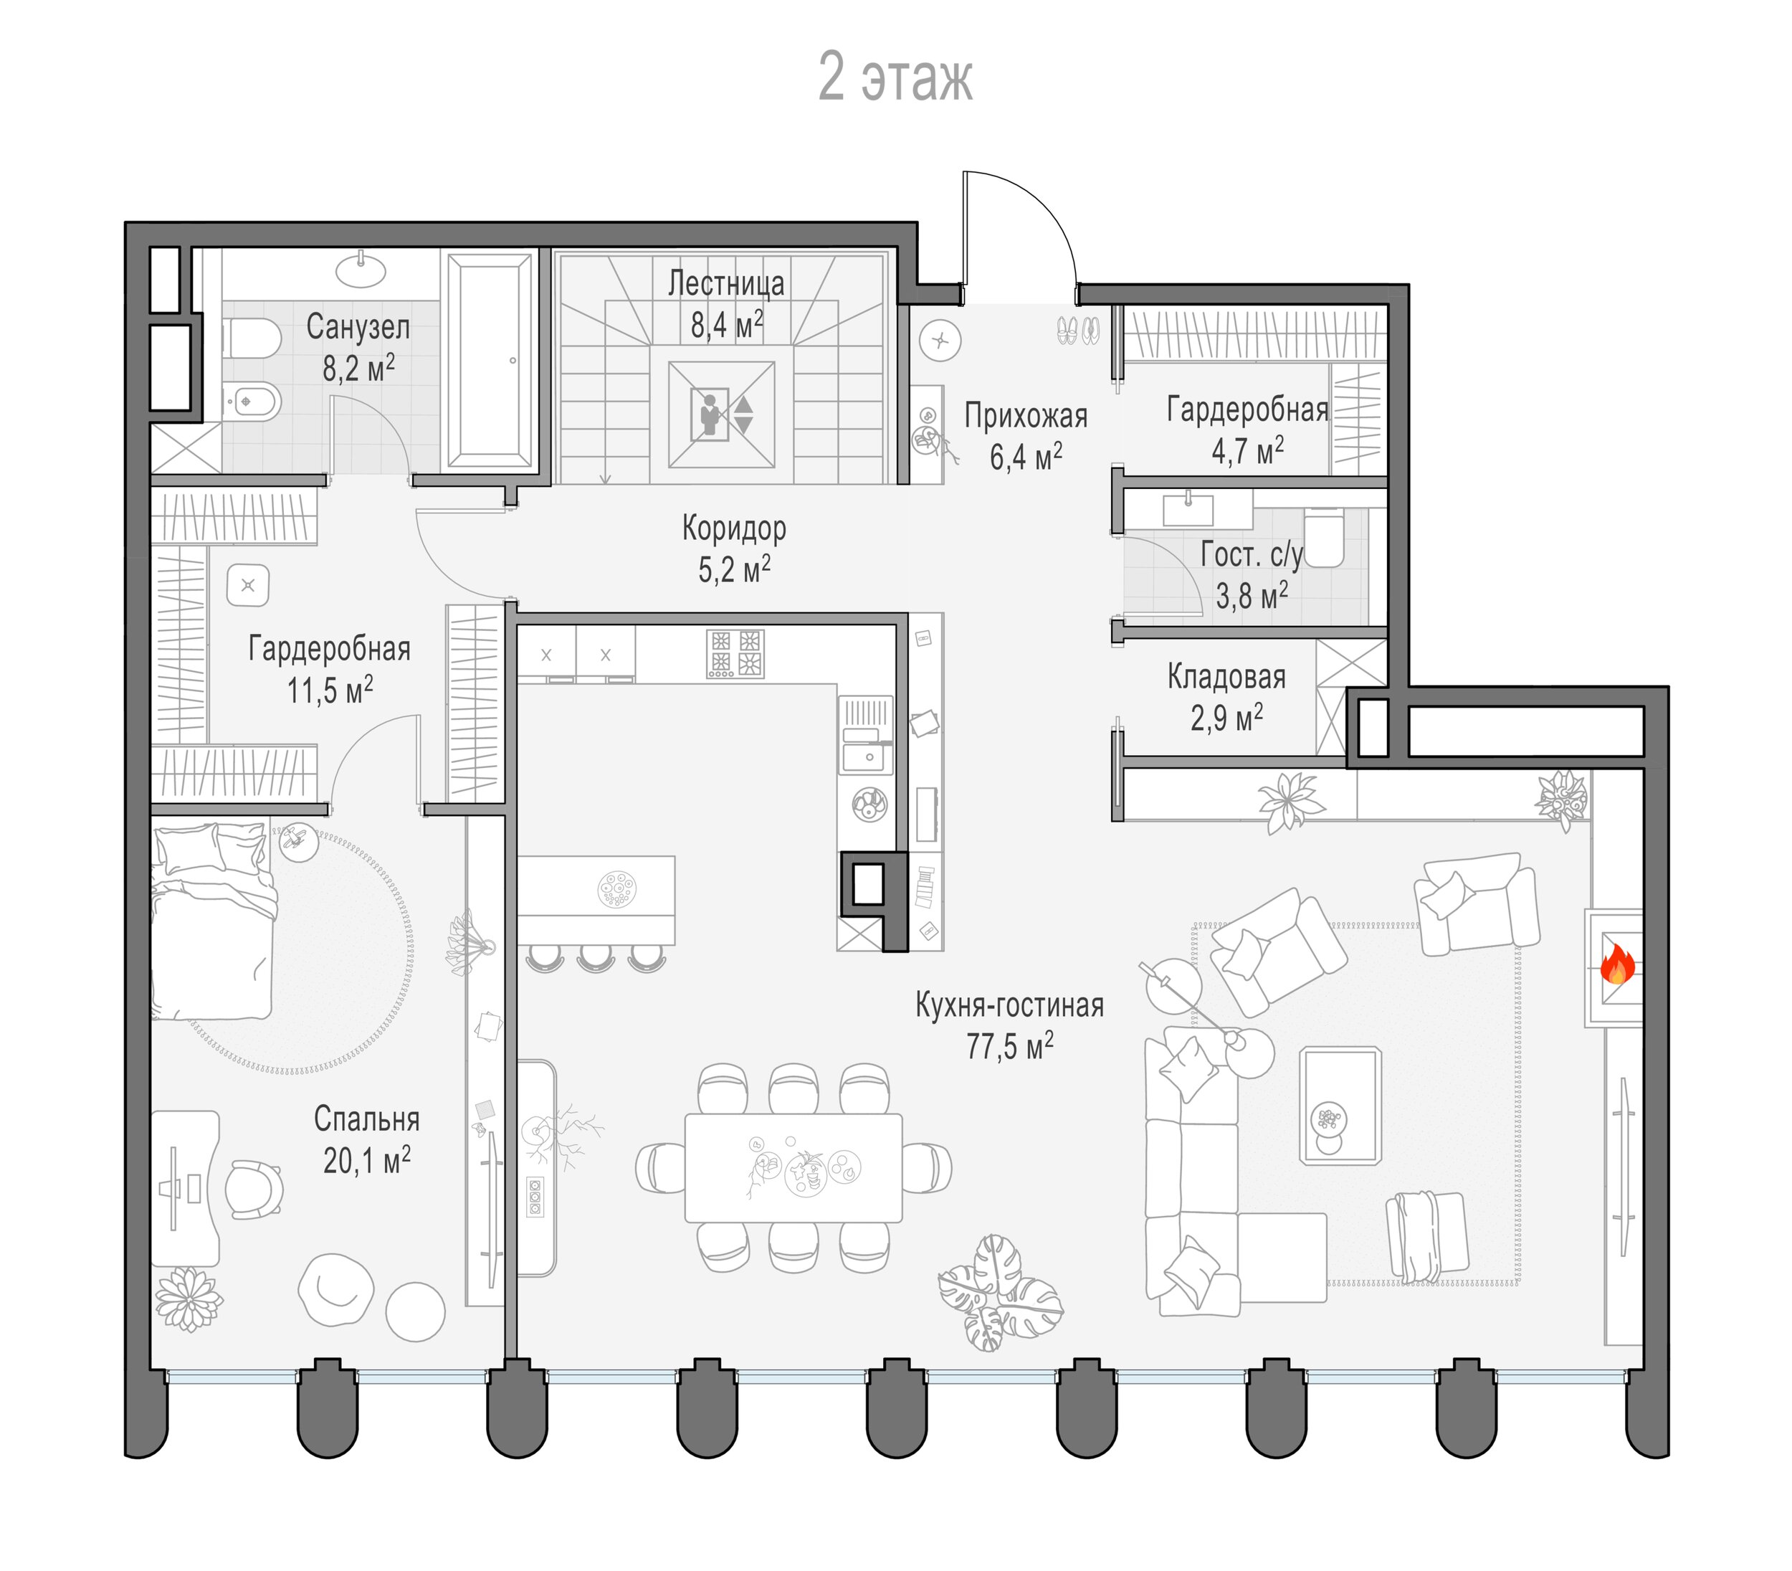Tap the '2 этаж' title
[895, 78]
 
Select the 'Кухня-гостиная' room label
[1009, 1005]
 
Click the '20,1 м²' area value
[367, 1161]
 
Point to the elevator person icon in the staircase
[710, 414]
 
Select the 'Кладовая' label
[1226, 677]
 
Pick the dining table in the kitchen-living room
[793, 1167]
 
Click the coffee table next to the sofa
[1340, 1105]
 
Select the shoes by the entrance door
[1078, 330]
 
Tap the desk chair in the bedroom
[254, 1189]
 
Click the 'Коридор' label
[734, 528]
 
